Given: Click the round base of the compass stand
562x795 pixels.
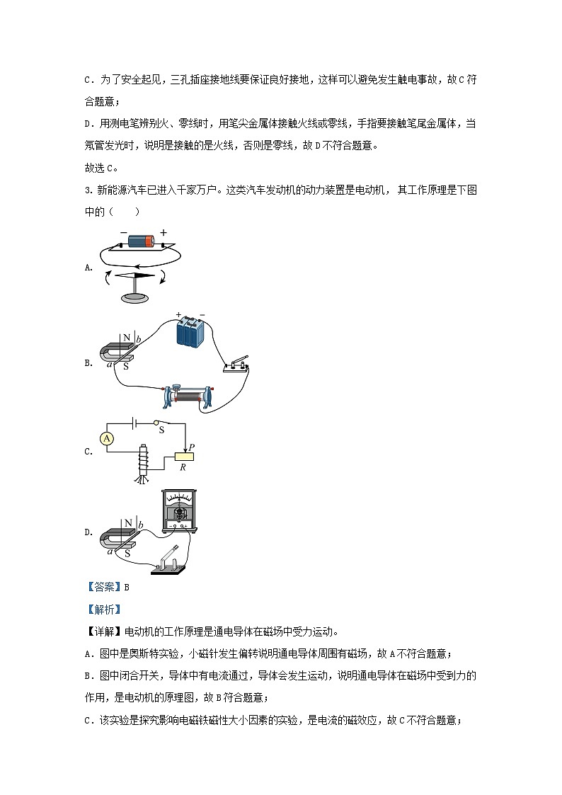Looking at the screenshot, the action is click(135, 299).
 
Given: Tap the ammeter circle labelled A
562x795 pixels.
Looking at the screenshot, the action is click(107, 439).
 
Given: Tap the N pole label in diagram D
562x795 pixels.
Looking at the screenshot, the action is click(127, 523).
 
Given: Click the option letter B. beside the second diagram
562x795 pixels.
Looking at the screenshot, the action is click(88, 364).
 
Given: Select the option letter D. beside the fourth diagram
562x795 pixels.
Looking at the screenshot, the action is click(88, 532).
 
